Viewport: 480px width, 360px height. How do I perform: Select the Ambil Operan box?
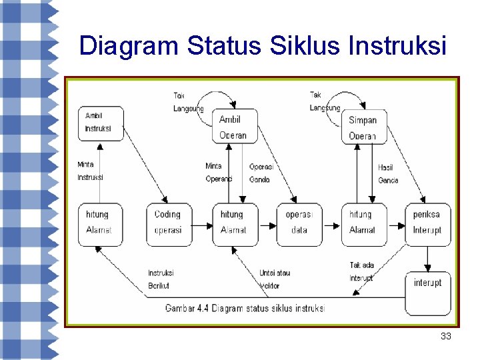[x=233, y=127]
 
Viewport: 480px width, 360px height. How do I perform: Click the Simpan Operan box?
[x=363, y=127]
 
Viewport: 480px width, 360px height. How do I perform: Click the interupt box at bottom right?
[x=427, y=293]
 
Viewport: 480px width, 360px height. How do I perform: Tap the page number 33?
[x=446, y=337]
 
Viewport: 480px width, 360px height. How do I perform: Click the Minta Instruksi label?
[x=90, y=171]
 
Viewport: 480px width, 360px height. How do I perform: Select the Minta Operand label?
[x=219, y=172]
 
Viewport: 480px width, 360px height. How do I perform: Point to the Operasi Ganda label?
[x=261, y=173]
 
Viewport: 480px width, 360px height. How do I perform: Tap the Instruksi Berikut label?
[x=161, y=279]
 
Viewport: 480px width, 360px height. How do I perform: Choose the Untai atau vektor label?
[x=274, y=279]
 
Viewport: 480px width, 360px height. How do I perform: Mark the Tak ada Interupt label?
[x=362, y=271]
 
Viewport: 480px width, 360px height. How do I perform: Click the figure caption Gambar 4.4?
[x=245, y=309]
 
